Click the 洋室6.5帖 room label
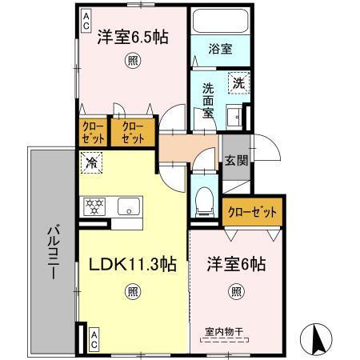[133, 37]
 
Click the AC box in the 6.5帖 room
[86, 22]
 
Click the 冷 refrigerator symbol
[90, 162]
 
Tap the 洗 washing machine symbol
[238, 82]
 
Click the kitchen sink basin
[128, 206]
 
